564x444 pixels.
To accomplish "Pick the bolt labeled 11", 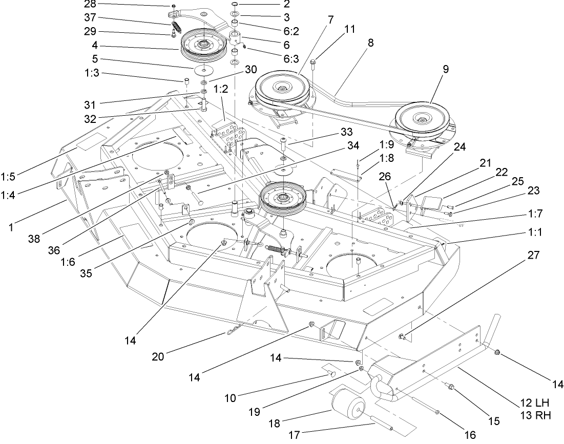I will coord(313,65).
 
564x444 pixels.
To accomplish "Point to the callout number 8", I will coord(370,43).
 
